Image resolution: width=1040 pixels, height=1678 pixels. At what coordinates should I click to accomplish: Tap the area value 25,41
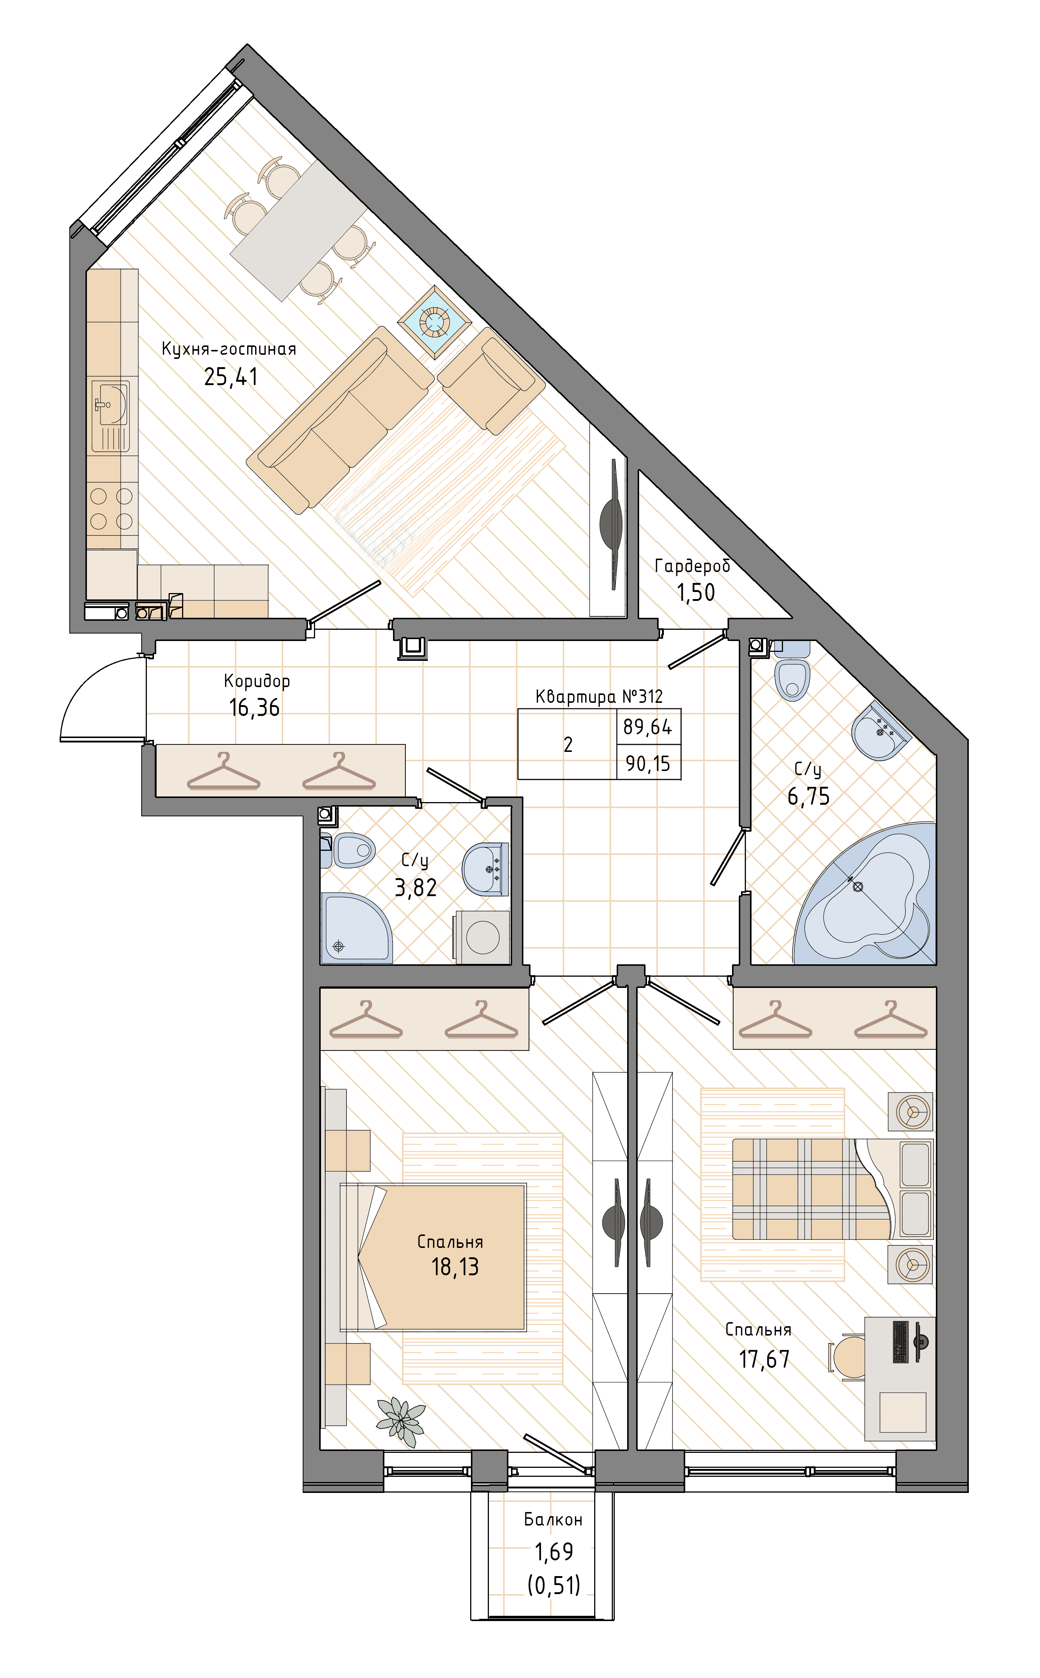pos(231,377)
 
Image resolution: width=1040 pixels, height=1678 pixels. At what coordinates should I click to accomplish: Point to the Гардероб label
pos(692,566)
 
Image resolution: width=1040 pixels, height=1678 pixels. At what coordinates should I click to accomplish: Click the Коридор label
pos(257,681)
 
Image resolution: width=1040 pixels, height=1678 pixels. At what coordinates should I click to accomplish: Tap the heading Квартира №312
pos(599,697)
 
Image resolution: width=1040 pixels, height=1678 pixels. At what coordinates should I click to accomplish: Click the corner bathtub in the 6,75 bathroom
pos(865,894)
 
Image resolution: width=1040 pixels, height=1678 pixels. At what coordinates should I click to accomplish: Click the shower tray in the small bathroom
pos(356,928)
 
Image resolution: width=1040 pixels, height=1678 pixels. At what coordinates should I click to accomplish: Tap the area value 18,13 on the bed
pos(455,1267)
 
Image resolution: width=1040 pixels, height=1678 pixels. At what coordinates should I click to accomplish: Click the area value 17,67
pos(764,1360)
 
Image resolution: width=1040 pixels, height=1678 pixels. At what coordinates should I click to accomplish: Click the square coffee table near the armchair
pos(435,322)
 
